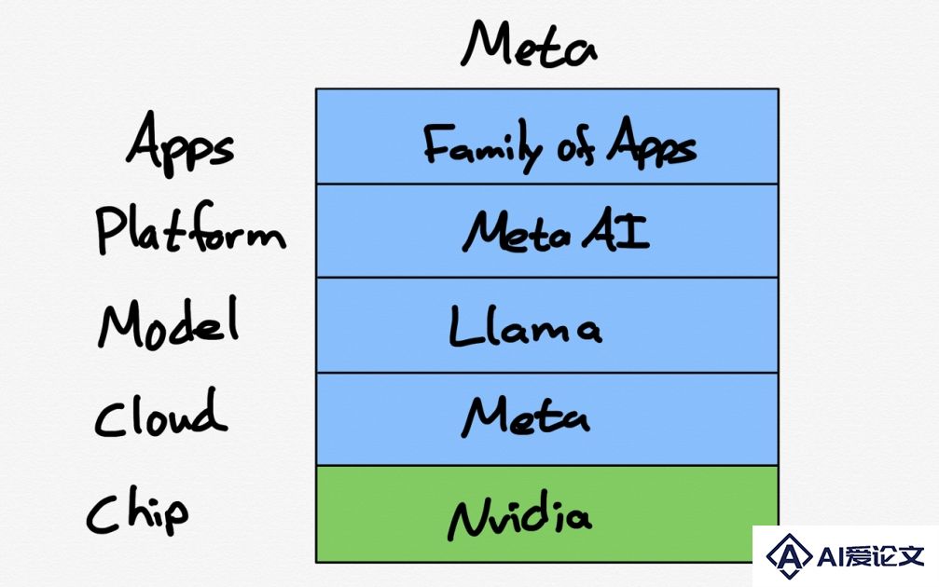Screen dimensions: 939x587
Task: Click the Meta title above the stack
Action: pyautogui.click(x=529, y=44)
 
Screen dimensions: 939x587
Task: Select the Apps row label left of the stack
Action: pyautogui.click(x=180, y=144)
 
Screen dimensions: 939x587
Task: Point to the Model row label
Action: pyautogui.click(x=169, y=323)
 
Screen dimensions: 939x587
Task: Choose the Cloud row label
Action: pyautogui.click(x=160, y=414)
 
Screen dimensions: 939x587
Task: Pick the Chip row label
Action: pyautogui.click(x=138, y=511)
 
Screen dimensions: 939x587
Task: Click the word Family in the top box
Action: pyautogui.click(x=482, y=144)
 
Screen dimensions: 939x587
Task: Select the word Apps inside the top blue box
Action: pyautogui.click(x=652, y=143)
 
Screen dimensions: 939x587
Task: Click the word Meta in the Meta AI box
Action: pyautogui.click(x=517, y=233)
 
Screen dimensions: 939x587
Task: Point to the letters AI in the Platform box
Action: pyautogui.click(x=616, y=232)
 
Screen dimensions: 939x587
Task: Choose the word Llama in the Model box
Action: pyautogui.click(x=525, y=327)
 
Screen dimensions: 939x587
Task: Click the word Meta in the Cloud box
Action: pyautogui.click(x=526, y=417)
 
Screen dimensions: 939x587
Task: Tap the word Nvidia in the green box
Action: pyautogui.click(x=519, y=515)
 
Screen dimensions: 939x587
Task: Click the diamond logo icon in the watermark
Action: pyautogui.click(x=789, y=556)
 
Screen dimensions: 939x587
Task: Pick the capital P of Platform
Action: pyautogui.click(x=110, y=230)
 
